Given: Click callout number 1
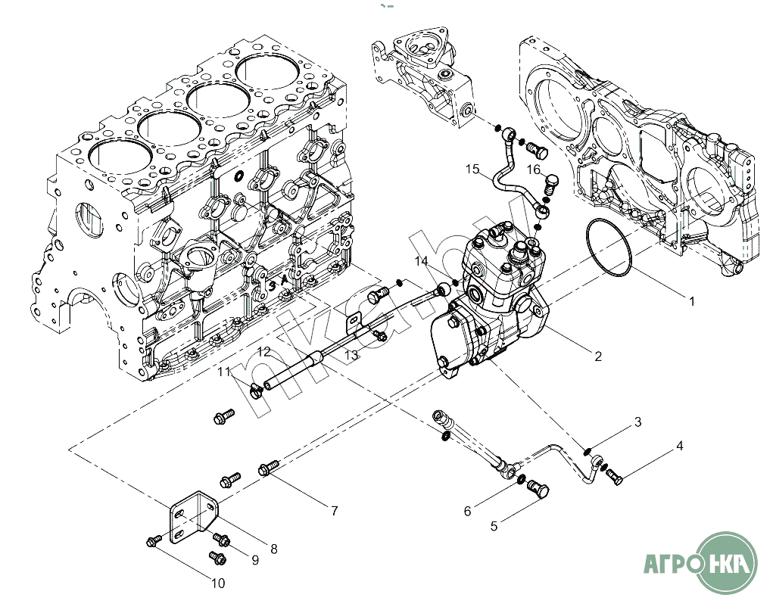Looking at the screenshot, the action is (692, 301).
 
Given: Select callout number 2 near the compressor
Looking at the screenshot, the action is (598, 356).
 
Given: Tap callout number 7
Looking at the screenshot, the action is (334, 511).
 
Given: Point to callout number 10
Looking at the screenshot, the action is (218, 584).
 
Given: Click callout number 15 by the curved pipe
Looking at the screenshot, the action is (472, 169).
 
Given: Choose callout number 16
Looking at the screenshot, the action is (534, 170).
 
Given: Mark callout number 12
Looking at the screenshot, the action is (264, 352).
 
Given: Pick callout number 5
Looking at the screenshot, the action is (494, 526).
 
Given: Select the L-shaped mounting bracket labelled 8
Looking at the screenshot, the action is (193, 518).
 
